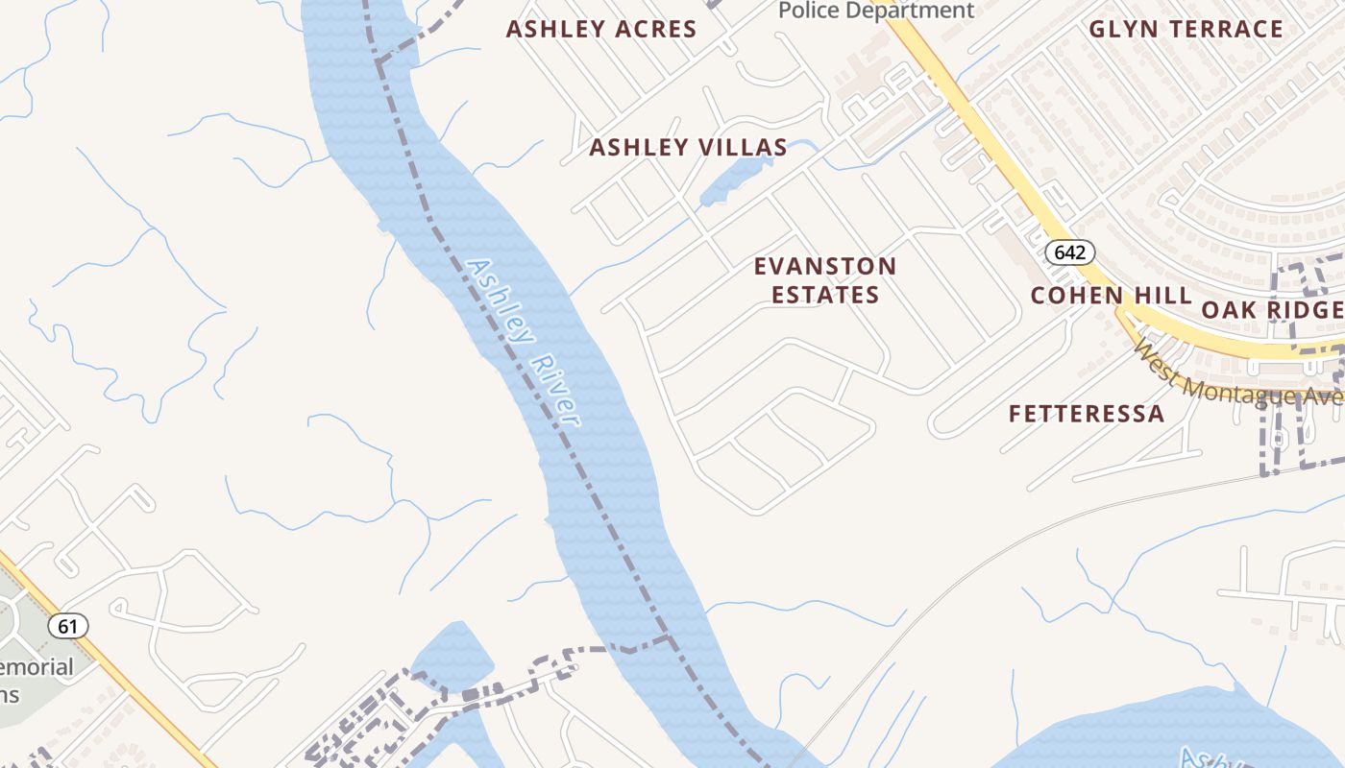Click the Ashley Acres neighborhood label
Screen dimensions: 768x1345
pyautogui.click(x=601, y=29)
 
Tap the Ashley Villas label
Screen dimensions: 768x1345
pyautogui.click(x=688, y=147)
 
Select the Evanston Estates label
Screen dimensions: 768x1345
pyautogui.click(x=825, y=280)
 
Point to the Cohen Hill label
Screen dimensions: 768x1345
pyautogui.click(x=1111, y=295)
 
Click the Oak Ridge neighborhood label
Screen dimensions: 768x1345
pyautogui.click(x=1271, y=309)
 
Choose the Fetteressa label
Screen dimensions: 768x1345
pyautogui.click(x=1086, y=414)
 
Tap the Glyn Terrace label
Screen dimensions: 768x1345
pyautogui.click(x=1186, y=29)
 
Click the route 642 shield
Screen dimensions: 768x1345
pyautogui.click(x=1069, y=252)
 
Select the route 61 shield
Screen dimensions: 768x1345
pyautogui.click(x=67, y=626)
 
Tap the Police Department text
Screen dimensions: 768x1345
pyautogui.click(x=875, y=11)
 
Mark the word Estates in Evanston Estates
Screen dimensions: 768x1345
pyautogui.click(x=825, y=295)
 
